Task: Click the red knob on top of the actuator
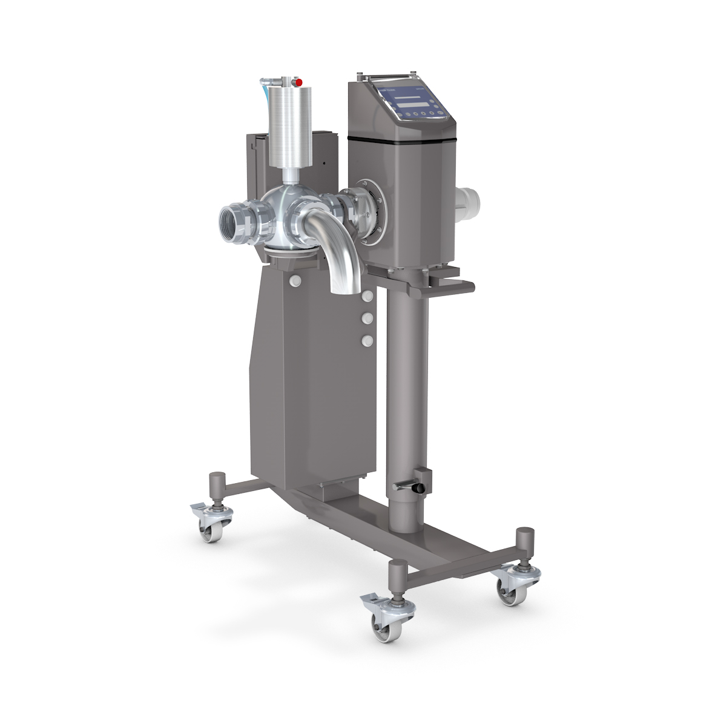297,81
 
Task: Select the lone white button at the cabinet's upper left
295,280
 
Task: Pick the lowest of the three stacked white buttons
366,341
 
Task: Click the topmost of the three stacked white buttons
366,295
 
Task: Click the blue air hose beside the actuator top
263,88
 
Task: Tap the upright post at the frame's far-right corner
525,545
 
